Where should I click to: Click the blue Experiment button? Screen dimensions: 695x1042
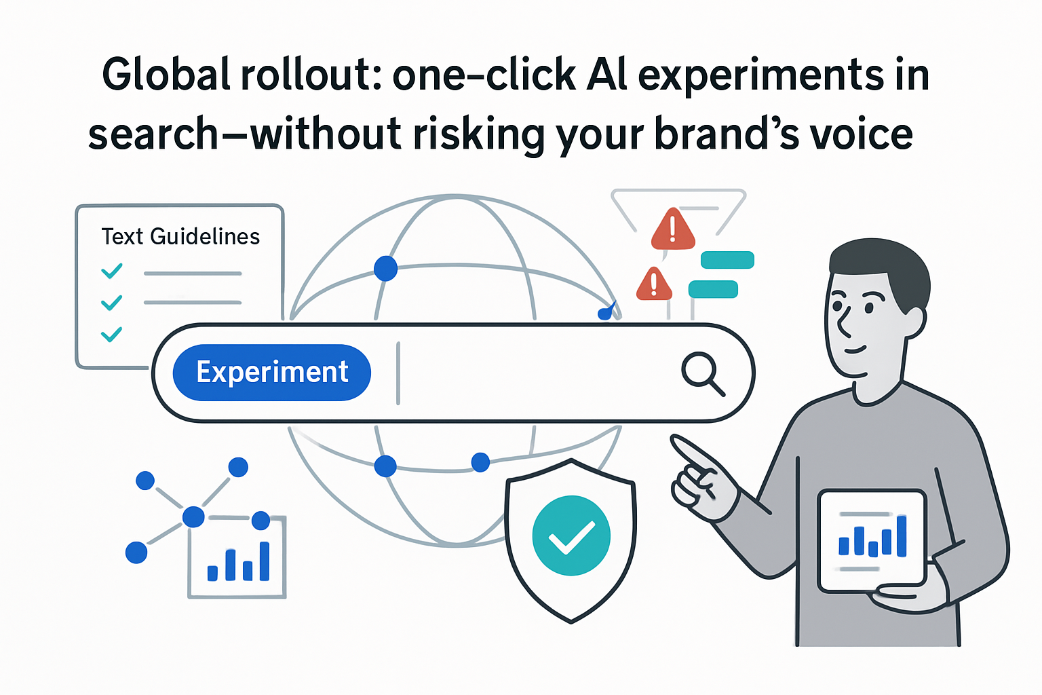(272, 373)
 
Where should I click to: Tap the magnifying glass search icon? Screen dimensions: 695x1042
(701, 372)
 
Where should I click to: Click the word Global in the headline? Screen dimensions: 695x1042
(166, 75)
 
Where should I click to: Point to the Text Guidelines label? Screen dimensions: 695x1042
(180, 236)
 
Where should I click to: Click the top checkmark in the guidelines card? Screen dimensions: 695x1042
(112, 271)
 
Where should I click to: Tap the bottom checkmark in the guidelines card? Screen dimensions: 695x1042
(111, 334)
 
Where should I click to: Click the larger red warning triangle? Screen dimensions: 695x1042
(672, 231)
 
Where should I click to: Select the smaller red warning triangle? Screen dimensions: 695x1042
(653, 285)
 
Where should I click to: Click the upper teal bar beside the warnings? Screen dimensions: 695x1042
(727, 260)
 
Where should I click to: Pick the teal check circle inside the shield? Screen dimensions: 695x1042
(571, 536)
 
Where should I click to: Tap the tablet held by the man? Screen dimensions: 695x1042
(872, 540)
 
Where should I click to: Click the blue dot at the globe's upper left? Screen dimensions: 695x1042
(385, 269)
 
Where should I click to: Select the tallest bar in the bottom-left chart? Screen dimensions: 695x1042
(265, 561)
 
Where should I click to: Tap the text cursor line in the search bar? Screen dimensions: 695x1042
(398, 373)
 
